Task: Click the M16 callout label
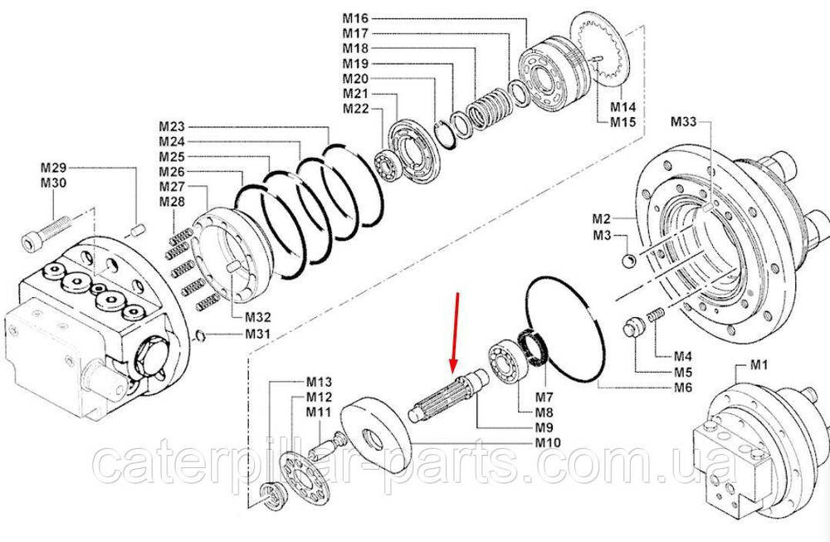point(355,18)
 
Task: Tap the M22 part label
point(355,109)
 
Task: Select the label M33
point(684,122)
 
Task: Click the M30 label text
point(53,183)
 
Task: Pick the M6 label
point(683,388)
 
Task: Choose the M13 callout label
point(320,382)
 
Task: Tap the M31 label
point(257,334)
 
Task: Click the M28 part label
point(172,202)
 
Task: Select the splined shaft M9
point(449,395)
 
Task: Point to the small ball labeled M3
point(627,261)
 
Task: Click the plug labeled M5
point(632,326)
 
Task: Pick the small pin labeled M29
point(138,231)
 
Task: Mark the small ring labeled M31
point(201,335)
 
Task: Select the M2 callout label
point(602,218)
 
